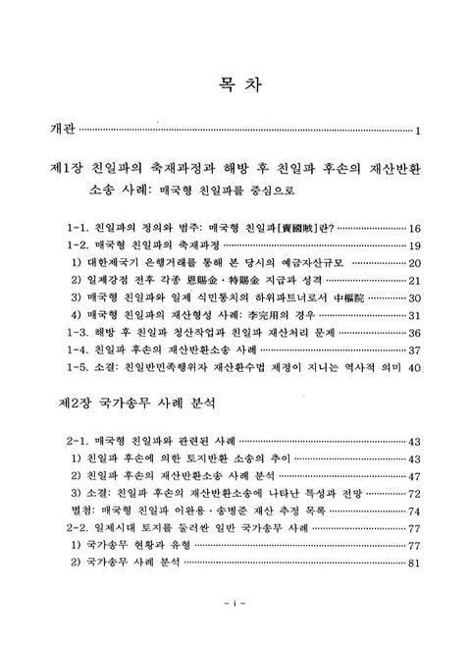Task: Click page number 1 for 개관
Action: (417, 131)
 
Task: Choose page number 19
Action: (414, 244)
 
